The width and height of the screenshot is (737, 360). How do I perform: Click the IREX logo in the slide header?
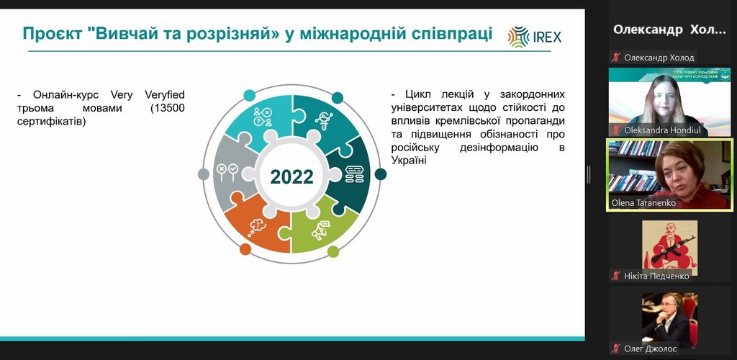click(535, 37)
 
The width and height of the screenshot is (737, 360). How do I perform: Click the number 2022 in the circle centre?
click(291, 176)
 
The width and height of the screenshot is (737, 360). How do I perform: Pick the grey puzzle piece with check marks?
click(232, 174)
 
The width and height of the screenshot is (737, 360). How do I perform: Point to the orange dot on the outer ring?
click(245, 249)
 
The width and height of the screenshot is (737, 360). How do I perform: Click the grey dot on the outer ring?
click(204, 174)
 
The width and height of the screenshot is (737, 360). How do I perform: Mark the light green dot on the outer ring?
click(333, 251)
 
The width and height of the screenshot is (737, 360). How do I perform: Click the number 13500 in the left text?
click(168, 108)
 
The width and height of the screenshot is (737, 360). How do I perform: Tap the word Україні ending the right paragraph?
click(409, 161)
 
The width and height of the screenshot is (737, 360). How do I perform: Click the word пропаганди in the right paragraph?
click(538, 121)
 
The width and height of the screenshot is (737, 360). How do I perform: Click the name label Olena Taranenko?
click(643, 203)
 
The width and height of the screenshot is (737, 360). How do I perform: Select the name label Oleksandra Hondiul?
click(659, 130)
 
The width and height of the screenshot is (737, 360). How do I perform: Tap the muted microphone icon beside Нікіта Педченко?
click(615, 276)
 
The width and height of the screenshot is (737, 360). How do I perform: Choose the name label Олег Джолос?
click(651, 348)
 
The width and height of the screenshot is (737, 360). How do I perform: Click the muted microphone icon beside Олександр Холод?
click(615, 58)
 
